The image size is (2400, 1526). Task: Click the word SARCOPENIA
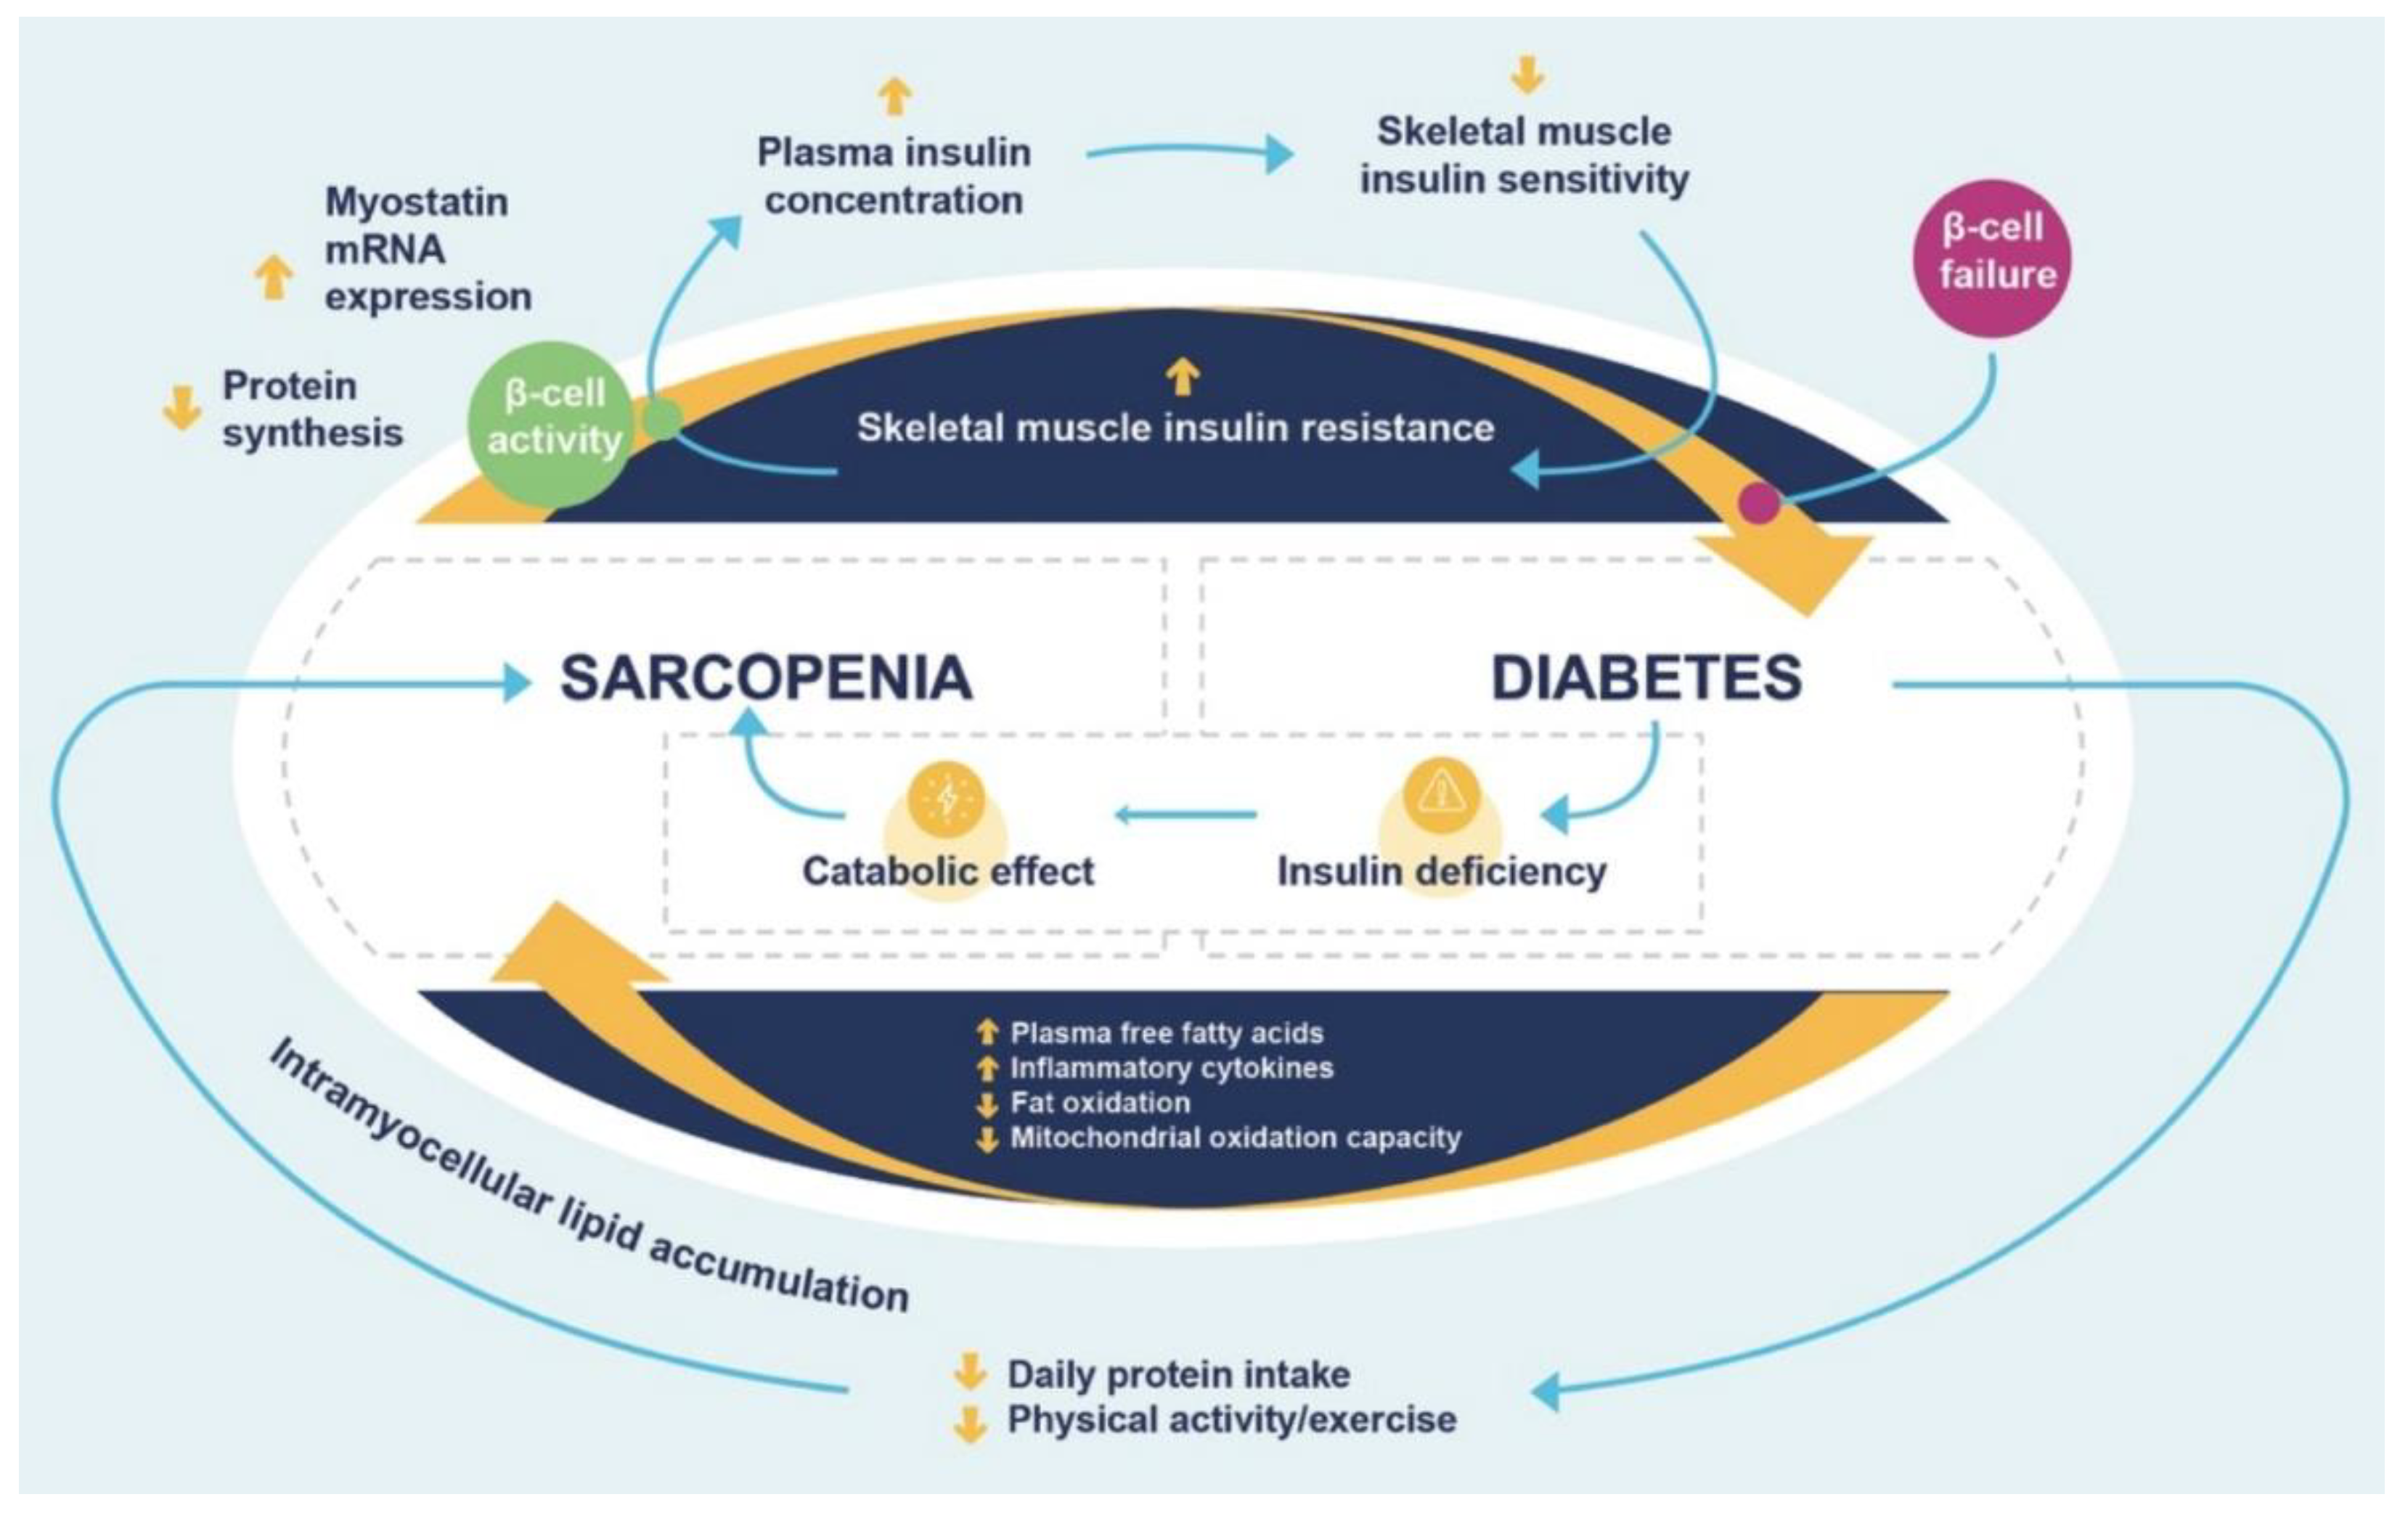pyautogui.click(x=765, y=679)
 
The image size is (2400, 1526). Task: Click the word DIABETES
pyautogui.click(x=1646, y=679)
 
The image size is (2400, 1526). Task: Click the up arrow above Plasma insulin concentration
pyautogui.click(x=894, y=97)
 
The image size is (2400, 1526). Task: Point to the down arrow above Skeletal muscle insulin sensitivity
pyautogui.click(x=1526, y=75)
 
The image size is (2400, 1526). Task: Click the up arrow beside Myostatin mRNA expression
pyautogui.click(x=273, y=277)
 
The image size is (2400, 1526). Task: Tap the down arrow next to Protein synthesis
pyautogui.click(x=181, y=409)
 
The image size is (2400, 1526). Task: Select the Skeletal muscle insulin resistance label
pyautogui.click(x=1175, y=428)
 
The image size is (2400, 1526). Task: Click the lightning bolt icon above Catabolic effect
pyautogui.click(x=946, y=799)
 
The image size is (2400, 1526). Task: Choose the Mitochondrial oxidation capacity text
pyautogui.click(x=1235, y=1138)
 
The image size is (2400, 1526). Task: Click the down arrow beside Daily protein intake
pyautogui.click(x=968, y=1371)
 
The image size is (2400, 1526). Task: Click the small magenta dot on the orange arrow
pyautogui.click(x=1759, y=502)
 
